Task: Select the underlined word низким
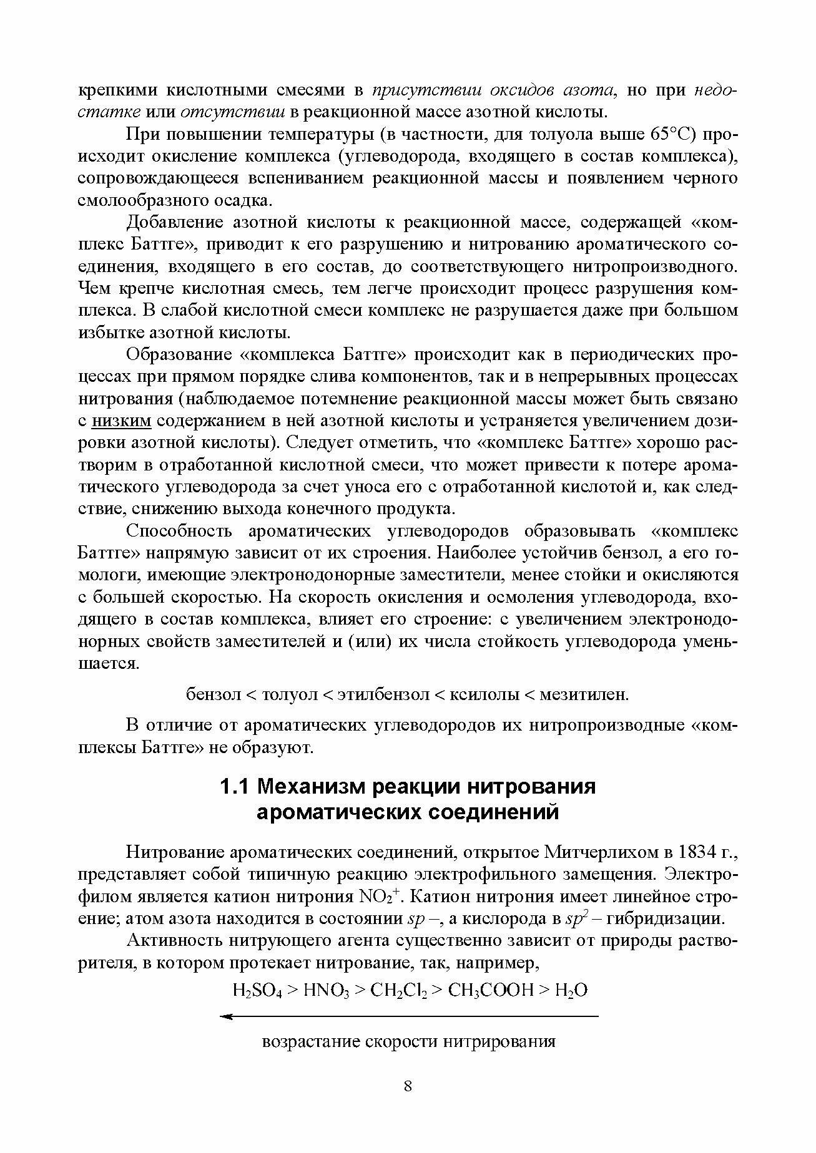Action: tap(121, 421)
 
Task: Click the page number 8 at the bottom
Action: tap(408, 1086)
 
